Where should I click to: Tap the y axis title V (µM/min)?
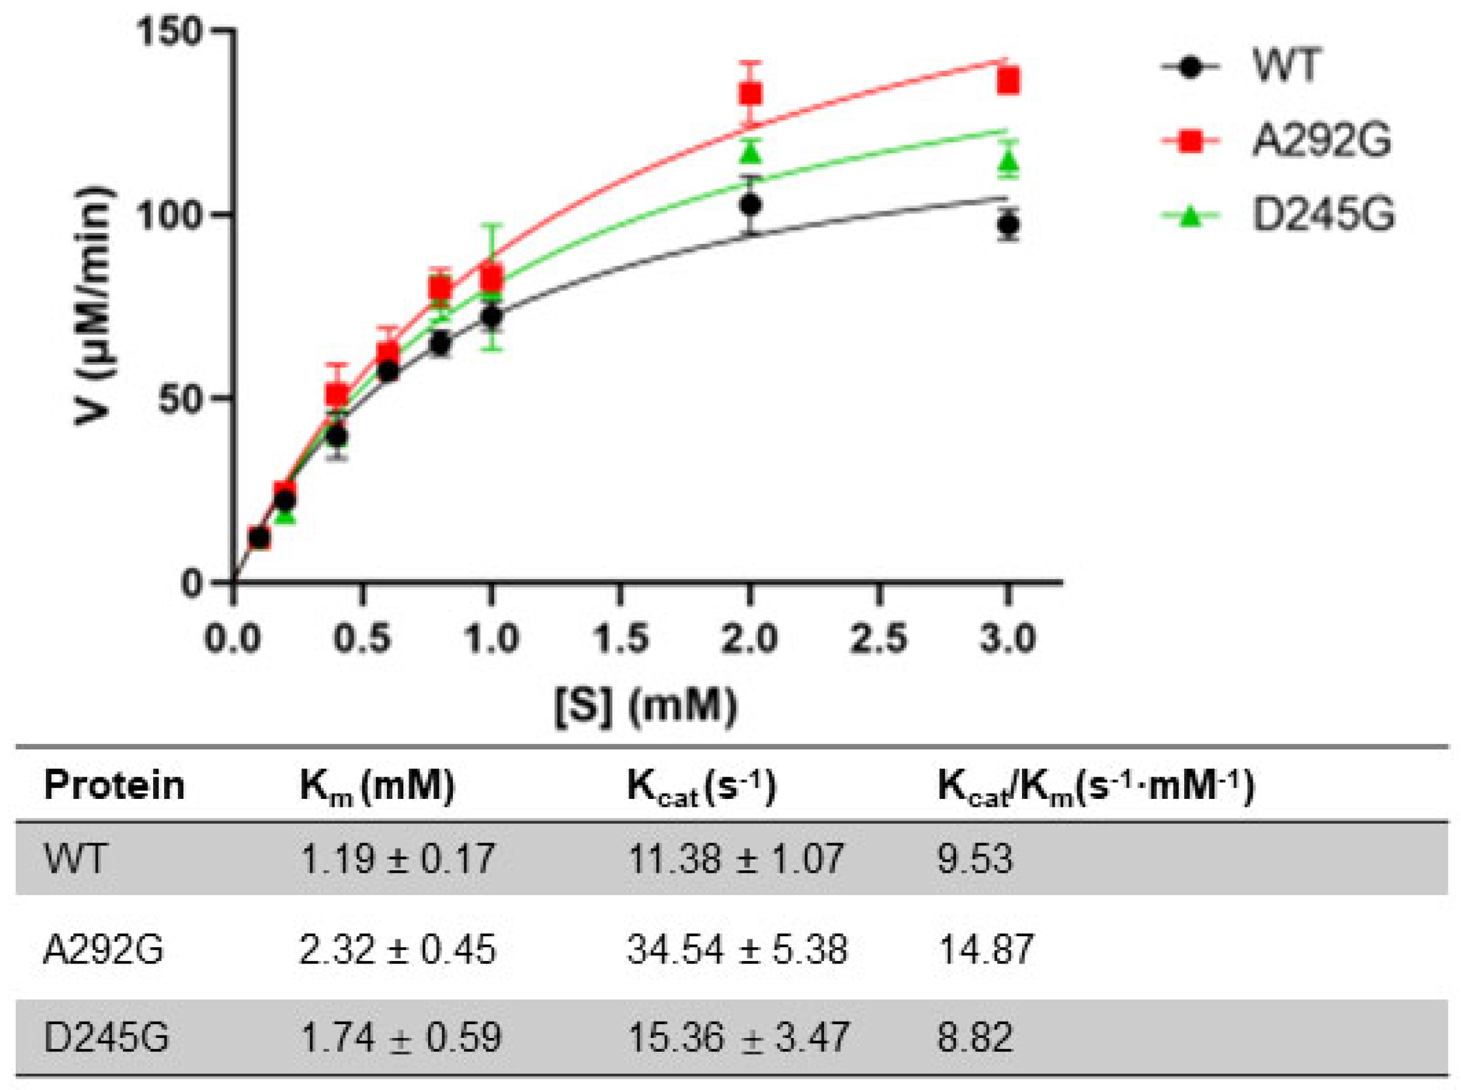tap(94, 306)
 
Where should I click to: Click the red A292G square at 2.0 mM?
tap(750, 94)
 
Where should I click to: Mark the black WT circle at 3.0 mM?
tap(1008, 225)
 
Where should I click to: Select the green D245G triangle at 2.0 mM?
tap(750, 153)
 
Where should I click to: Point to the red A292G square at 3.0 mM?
tap(1008, 82)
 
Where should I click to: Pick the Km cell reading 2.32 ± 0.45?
tap(397, 950)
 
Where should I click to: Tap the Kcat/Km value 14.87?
tap(985, 950)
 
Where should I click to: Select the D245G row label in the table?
tap(105, 1037)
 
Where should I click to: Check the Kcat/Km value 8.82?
tap(975, 1037)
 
